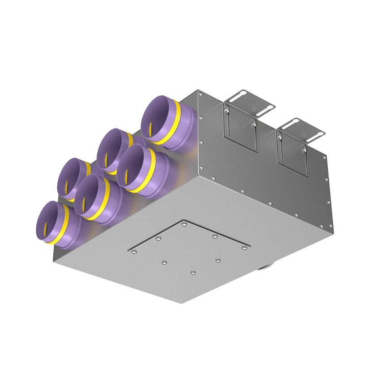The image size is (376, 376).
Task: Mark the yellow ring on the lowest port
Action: pyautogui.click(x=67, y=226)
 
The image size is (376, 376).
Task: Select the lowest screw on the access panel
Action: pyautogui.click(x=193, y=272)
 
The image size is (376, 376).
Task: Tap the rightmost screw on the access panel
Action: pyautogui.click(x=244, y=248)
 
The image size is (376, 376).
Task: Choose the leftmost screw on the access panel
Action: pyautogui.click(x=134, y=252)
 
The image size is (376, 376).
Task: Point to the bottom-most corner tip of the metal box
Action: pyautogui.click(x=182, y=303)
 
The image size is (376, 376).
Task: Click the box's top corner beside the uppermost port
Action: pyautogui.click(x=197, y=91)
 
